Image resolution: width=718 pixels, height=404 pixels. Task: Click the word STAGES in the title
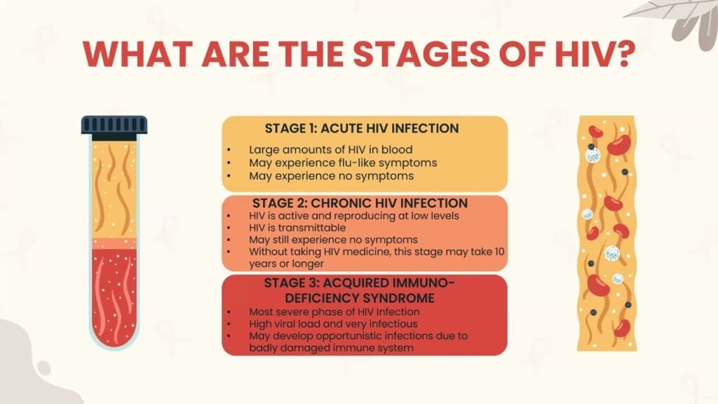[x=421, y=54]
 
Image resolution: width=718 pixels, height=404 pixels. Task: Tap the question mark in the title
[x=623, y=54]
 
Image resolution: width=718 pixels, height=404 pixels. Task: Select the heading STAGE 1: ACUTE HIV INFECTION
[x=362, y=128]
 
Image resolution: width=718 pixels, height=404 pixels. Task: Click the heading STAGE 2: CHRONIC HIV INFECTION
[x=360, y=203]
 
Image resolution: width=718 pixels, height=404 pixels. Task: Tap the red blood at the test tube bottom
[x=114, y=295]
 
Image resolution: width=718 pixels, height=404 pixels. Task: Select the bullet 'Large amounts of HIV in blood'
[x=331, y=150]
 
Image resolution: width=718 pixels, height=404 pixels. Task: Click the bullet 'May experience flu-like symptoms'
[x=343, y=163]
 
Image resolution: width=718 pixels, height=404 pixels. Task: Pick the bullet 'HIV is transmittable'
[x=297, y=228]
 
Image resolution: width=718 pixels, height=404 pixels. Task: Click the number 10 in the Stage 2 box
[x=499, y=252]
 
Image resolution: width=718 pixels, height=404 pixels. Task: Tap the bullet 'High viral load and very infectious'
[x=333, y=324]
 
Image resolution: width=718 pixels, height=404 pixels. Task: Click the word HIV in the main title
[x=583, y=54]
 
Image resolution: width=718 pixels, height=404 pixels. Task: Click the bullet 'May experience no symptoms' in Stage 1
[x=331, y=176]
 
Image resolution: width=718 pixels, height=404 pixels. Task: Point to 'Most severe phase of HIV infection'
[x=334, y=312]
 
